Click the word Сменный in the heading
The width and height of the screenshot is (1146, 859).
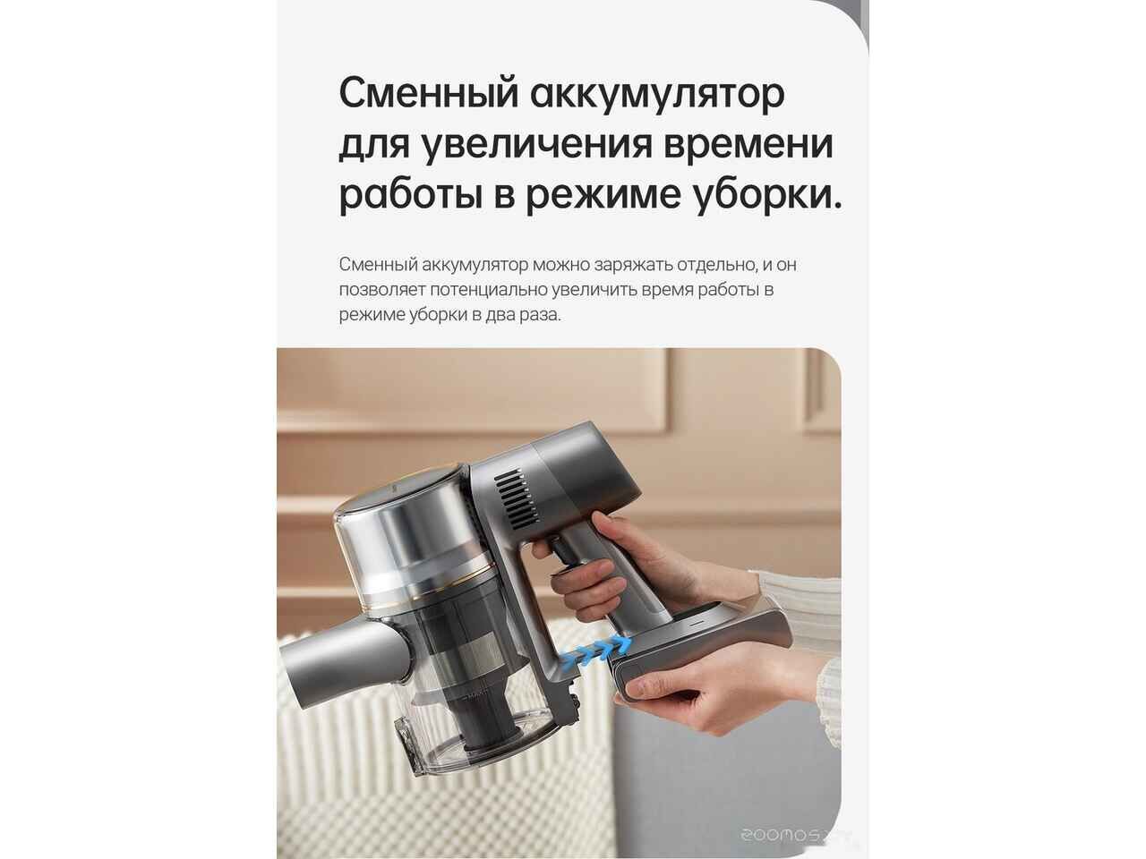point(429,93)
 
